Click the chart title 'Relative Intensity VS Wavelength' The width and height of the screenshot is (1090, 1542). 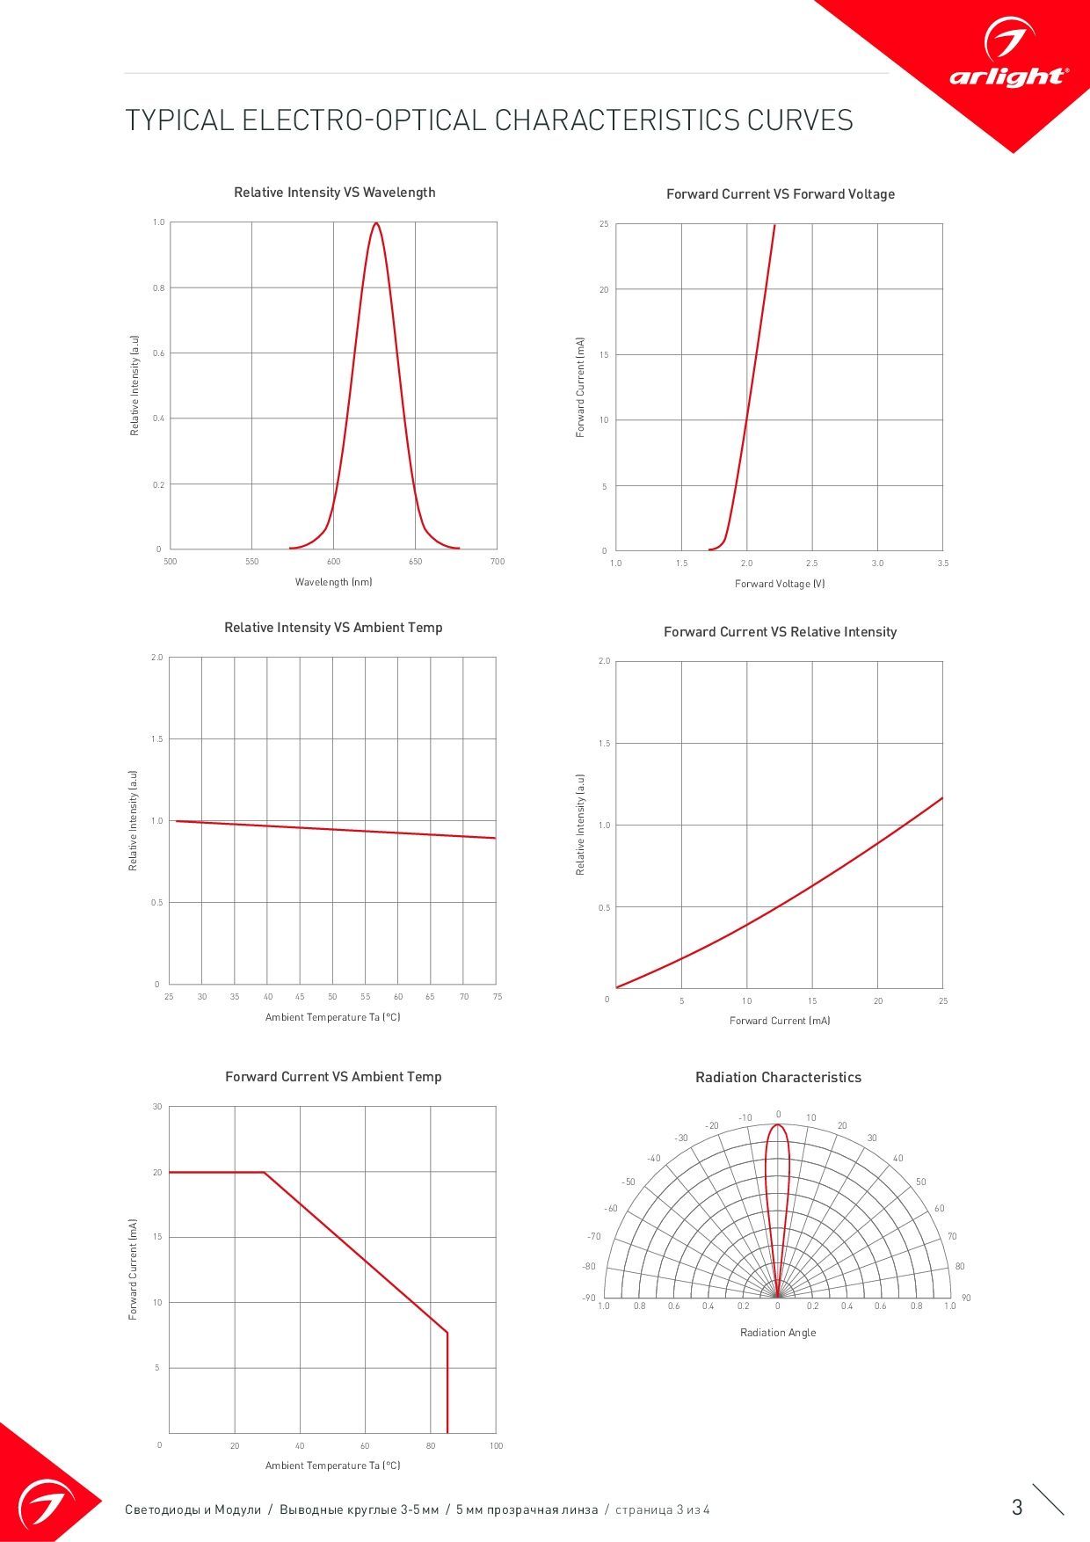(334, 193)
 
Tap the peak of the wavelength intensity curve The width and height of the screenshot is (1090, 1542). (376, 223)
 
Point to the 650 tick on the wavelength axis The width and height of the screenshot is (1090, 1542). (415, 562)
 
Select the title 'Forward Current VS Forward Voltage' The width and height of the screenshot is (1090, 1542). (780, 194)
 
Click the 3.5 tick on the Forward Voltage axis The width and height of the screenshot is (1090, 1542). (942, 564)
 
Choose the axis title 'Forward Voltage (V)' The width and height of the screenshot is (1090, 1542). (780, 584)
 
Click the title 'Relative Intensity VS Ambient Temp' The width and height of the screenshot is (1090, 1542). (333, 628)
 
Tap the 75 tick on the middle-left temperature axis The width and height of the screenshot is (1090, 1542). (498, 997)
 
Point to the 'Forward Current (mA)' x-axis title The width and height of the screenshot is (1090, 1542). (780, 1021)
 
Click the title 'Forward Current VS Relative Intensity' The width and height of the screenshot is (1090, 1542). (780, 632)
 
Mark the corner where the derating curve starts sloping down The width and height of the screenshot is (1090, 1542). (265, 1172)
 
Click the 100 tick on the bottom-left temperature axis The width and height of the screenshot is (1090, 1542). (496, 1445)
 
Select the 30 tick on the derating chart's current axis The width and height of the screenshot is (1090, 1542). (157, 1107)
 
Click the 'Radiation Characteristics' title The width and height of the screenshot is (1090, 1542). (778, 1078)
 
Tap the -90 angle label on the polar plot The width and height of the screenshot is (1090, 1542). (588, 1298)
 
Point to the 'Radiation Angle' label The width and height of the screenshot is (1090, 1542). (778, 1333)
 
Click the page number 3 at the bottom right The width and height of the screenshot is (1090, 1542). (1017, 1508)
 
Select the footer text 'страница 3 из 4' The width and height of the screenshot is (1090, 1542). (663, 1510)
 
